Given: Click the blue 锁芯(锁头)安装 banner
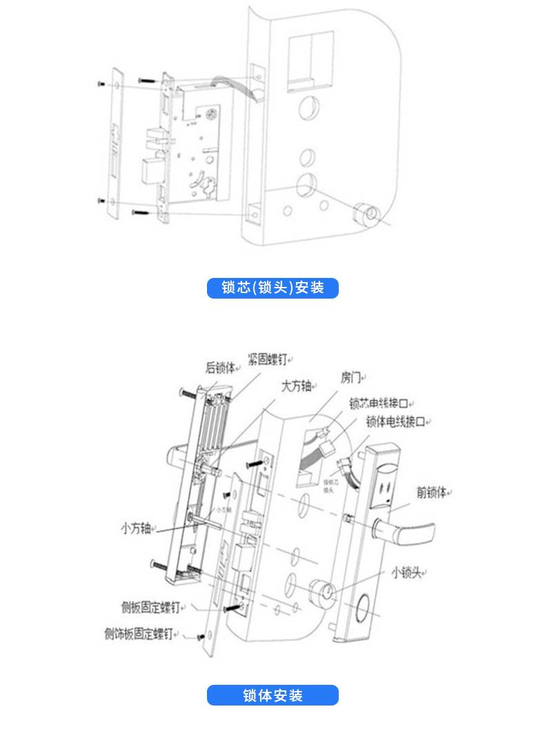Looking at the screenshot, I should pos(272,288).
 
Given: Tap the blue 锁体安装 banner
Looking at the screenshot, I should pos(272,695).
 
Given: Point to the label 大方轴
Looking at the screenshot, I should pos(296,386).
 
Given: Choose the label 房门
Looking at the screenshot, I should pos(350,377).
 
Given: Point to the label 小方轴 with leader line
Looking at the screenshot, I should pos(135,529).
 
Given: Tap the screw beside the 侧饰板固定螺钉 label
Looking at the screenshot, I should pos(201,636).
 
